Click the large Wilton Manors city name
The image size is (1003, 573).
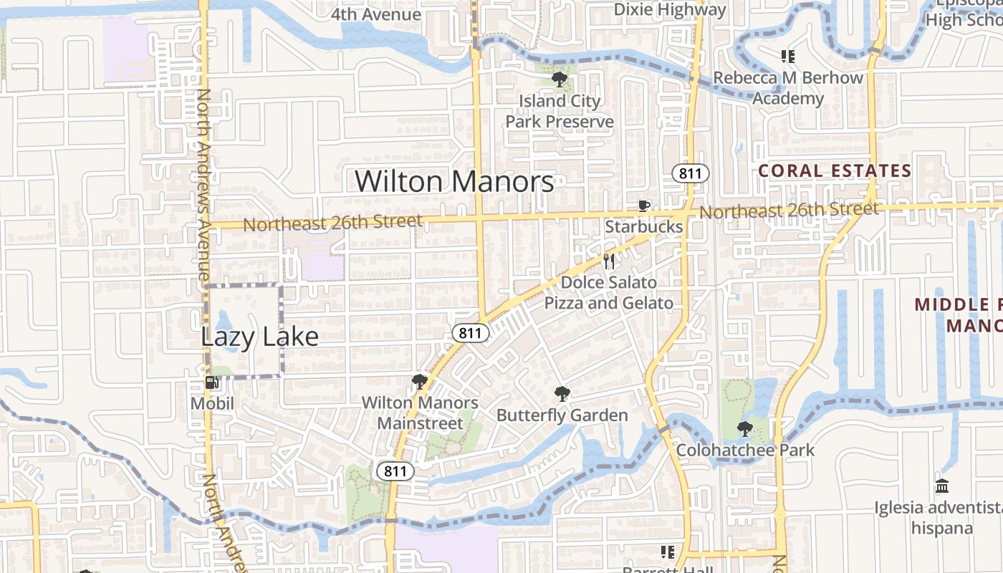pyautogui.click(x=454, y=181)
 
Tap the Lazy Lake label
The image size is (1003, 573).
pyautogui.click(x=259, y=336)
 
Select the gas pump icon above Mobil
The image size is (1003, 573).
pyautogui.click(x=211, y=382)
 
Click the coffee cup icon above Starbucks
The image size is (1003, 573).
pyautogui.click(x=643, y=206)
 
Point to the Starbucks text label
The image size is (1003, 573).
pyautogui.click(x=644, y=226)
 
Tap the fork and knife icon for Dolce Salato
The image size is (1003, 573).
pyautogui.click(x=609, y=261)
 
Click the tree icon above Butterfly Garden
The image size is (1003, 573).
pyautogui.click(x=562, y=393)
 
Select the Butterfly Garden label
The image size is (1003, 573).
pyautogui.click(x=562, y=415)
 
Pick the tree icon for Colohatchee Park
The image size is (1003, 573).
pyautogui.click(x=745, y=429)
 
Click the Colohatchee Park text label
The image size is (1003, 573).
pyautogui.click(x=745, y=451)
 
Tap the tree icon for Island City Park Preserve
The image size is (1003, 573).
pyautogui.click(x=560, y=80)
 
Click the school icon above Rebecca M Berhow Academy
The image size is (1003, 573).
pyautogui.click(x=788, y=56)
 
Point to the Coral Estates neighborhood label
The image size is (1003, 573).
pyautogui.click(x=834, y=171)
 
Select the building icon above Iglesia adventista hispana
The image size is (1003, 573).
pyautogui.click(x=942, y=486)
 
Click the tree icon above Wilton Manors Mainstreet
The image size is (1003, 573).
pyautogui.click(x=420, y=381)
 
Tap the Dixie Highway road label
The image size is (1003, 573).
pyautogui.click(x=670, y=10)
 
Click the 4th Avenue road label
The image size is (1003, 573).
pyautogui.click(x=375, y=14)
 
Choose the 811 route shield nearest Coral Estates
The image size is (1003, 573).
pyautogui.click(x=690, y=173)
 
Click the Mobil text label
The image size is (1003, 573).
pyautogui.click(x=212, y=403)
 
